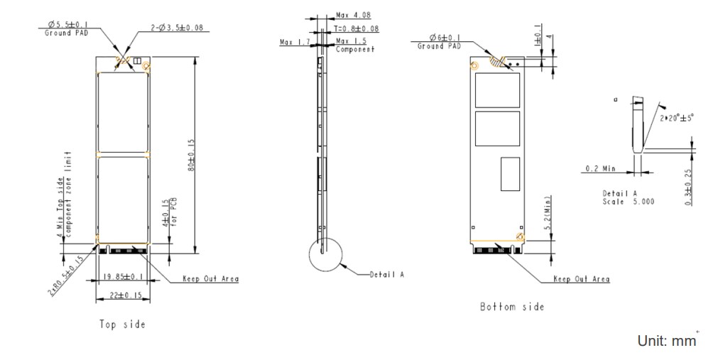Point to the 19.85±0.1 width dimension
click(x=121, y=276)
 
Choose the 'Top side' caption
click(x=122, y=324)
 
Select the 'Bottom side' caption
click(x=512, y=307)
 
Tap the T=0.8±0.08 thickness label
click(x=356, y=29)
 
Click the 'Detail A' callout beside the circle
click(x=386, y=274)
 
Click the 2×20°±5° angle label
click(x=678, y=117)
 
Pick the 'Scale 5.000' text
click(x=629, y=202)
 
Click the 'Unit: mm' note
click(x=666, y=341)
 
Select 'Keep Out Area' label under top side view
click(x=210, y=279)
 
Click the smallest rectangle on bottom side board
click(x=511, y=175)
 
